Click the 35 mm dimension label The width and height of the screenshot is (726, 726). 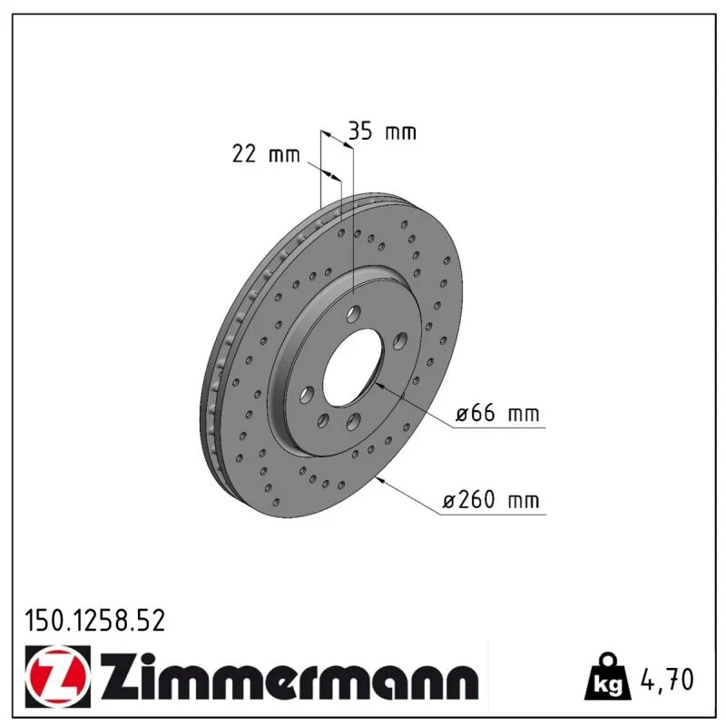tap(382, 131)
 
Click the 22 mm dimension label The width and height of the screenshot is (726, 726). tap(266, 153)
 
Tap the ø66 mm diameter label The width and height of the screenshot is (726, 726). tap(497, 413)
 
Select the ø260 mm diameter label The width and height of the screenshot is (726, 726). tap(491, 500)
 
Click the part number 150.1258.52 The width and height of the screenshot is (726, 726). tap(95, 621)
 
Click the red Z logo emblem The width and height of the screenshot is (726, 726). tap(57, 676)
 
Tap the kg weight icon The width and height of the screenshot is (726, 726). tap(608, 676)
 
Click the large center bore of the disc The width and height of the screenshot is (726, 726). tap(353, 367)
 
